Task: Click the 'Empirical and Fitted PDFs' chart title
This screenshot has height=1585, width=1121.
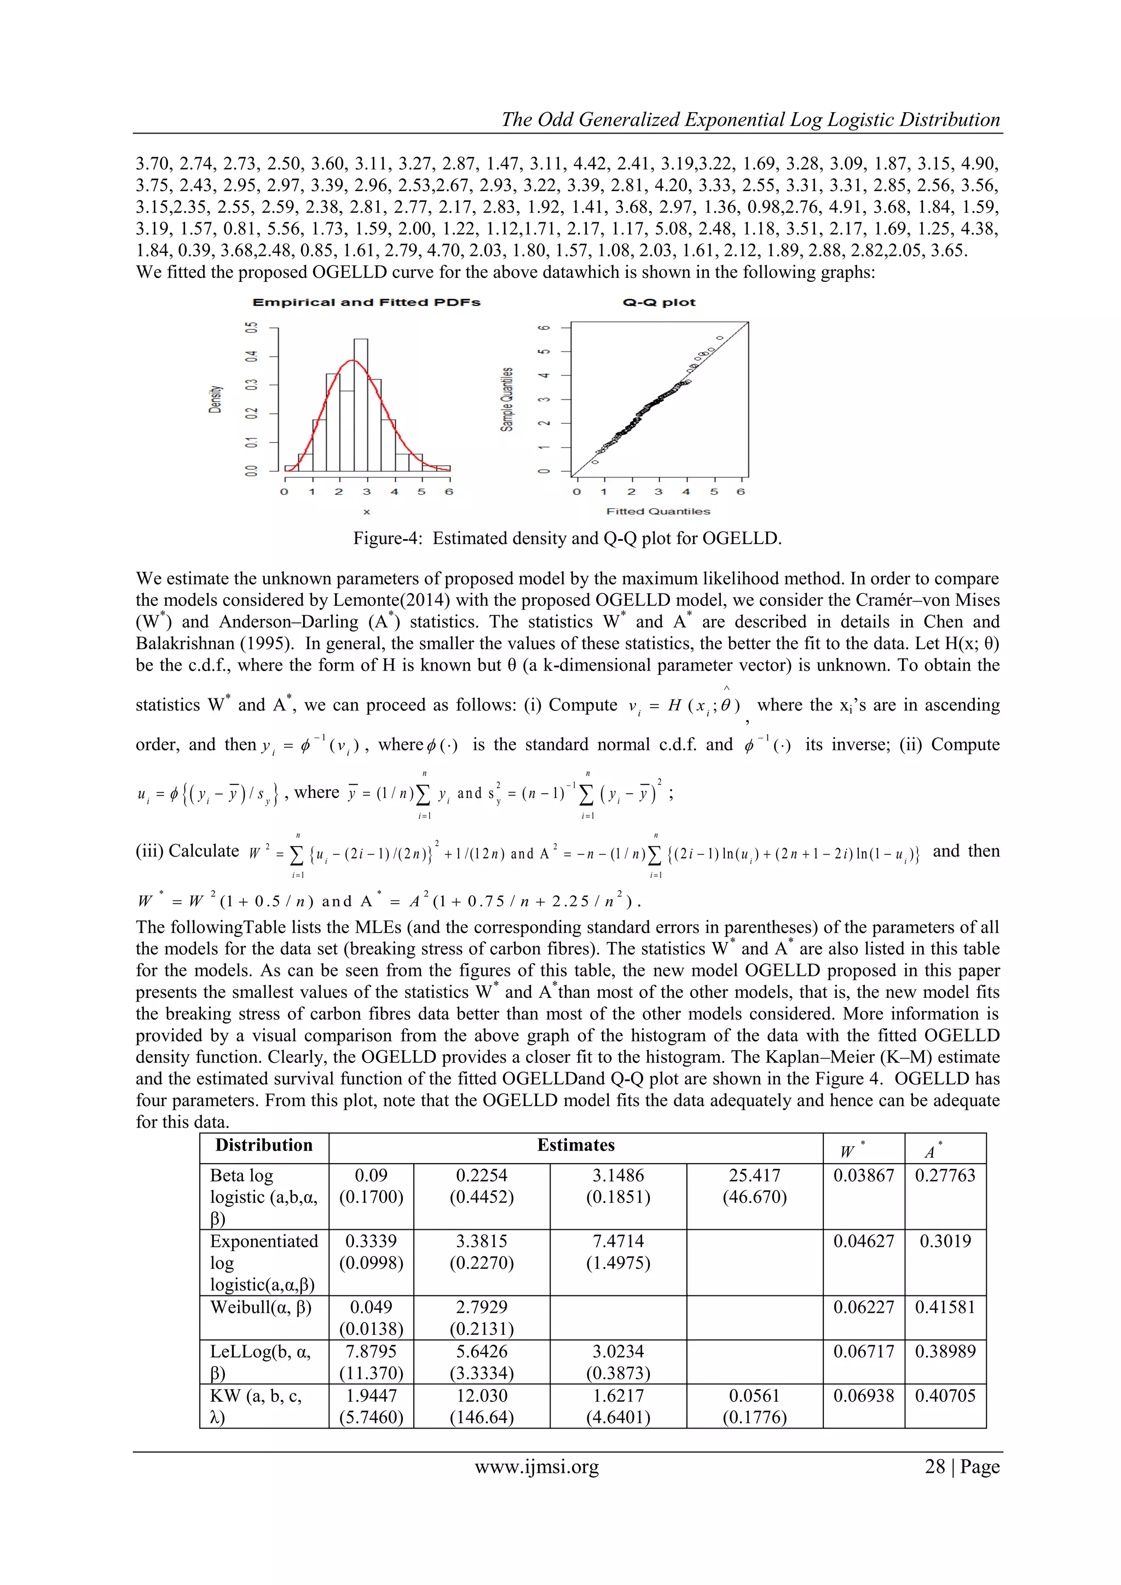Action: tap(367, 302)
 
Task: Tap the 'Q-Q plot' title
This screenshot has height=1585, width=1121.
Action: tap(659, 302)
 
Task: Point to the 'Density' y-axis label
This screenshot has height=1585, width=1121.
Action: tap(215, 399)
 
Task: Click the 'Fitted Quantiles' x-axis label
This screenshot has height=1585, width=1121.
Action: tap(658, 512)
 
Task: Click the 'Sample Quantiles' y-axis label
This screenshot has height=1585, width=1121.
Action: tap(507, 399)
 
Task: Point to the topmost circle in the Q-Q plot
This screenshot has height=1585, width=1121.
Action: tap(720, 338)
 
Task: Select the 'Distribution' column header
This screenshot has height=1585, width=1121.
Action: tap(264, 1146)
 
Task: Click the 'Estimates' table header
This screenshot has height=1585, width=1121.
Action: tap(576, 1146)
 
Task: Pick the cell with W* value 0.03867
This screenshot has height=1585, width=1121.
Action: tap(864, 1176)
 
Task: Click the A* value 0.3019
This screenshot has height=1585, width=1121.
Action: tap(945, 1241)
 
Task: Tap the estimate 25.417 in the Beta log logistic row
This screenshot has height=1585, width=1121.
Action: tap(754, 1176)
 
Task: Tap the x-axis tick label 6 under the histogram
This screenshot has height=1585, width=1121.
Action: tap(449, 492)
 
